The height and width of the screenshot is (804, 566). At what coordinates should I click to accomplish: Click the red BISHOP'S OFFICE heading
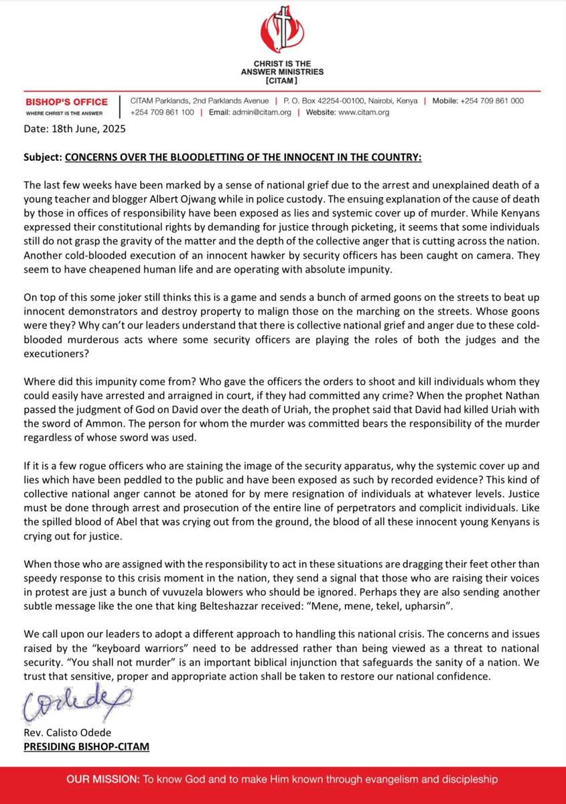66,102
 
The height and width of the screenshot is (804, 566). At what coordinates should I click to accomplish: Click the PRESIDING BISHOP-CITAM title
86,745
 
